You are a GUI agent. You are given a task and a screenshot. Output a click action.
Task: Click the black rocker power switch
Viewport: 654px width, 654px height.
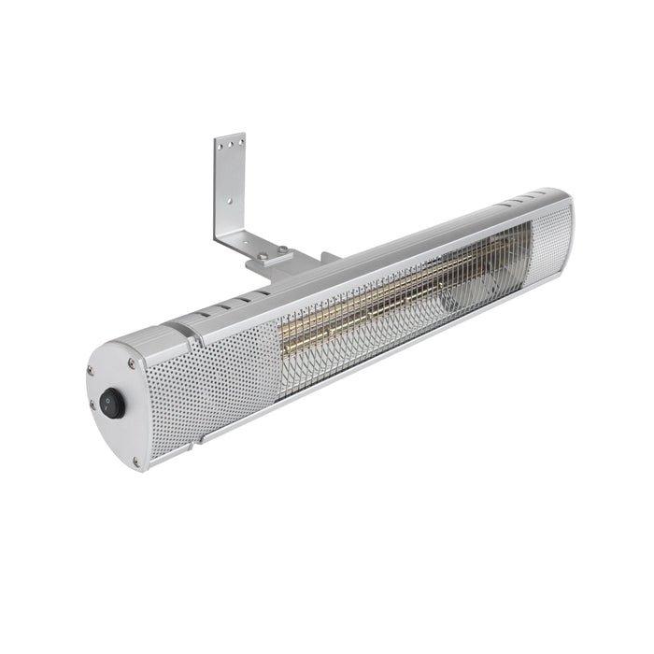pos(113,403)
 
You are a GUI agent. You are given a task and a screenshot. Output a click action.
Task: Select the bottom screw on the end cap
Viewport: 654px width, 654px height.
pos(136,461)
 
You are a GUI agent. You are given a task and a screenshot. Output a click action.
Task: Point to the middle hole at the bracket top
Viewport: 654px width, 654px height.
pos(230,141)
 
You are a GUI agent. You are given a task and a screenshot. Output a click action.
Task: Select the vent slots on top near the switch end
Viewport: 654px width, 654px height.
pos(234,304)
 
